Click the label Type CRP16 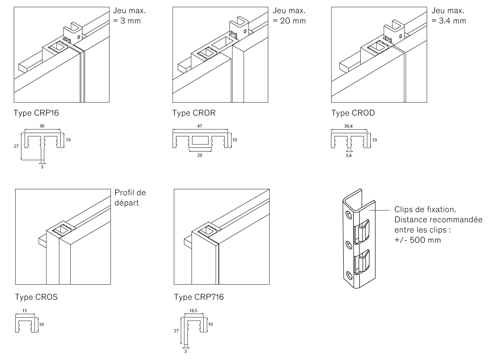point(36,113)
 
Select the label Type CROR point(194,113)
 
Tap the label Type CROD point(353,113)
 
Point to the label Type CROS point(37,297)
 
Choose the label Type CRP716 point(199,297)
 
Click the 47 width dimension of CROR point(200,126)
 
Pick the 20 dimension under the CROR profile point(200,155)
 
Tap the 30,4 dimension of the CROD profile point(348,126)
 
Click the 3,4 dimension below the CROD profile point(348,155)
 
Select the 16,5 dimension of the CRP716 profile point(193,311)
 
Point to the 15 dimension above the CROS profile point(25,311)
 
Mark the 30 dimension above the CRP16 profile point(42,126)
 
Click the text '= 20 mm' point(289,21)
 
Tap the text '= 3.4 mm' point(448,21)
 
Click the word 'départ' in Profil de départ point(127,203)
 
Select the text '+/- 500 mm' point(418,240)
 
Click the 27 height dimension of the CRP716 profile point(176,331)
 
